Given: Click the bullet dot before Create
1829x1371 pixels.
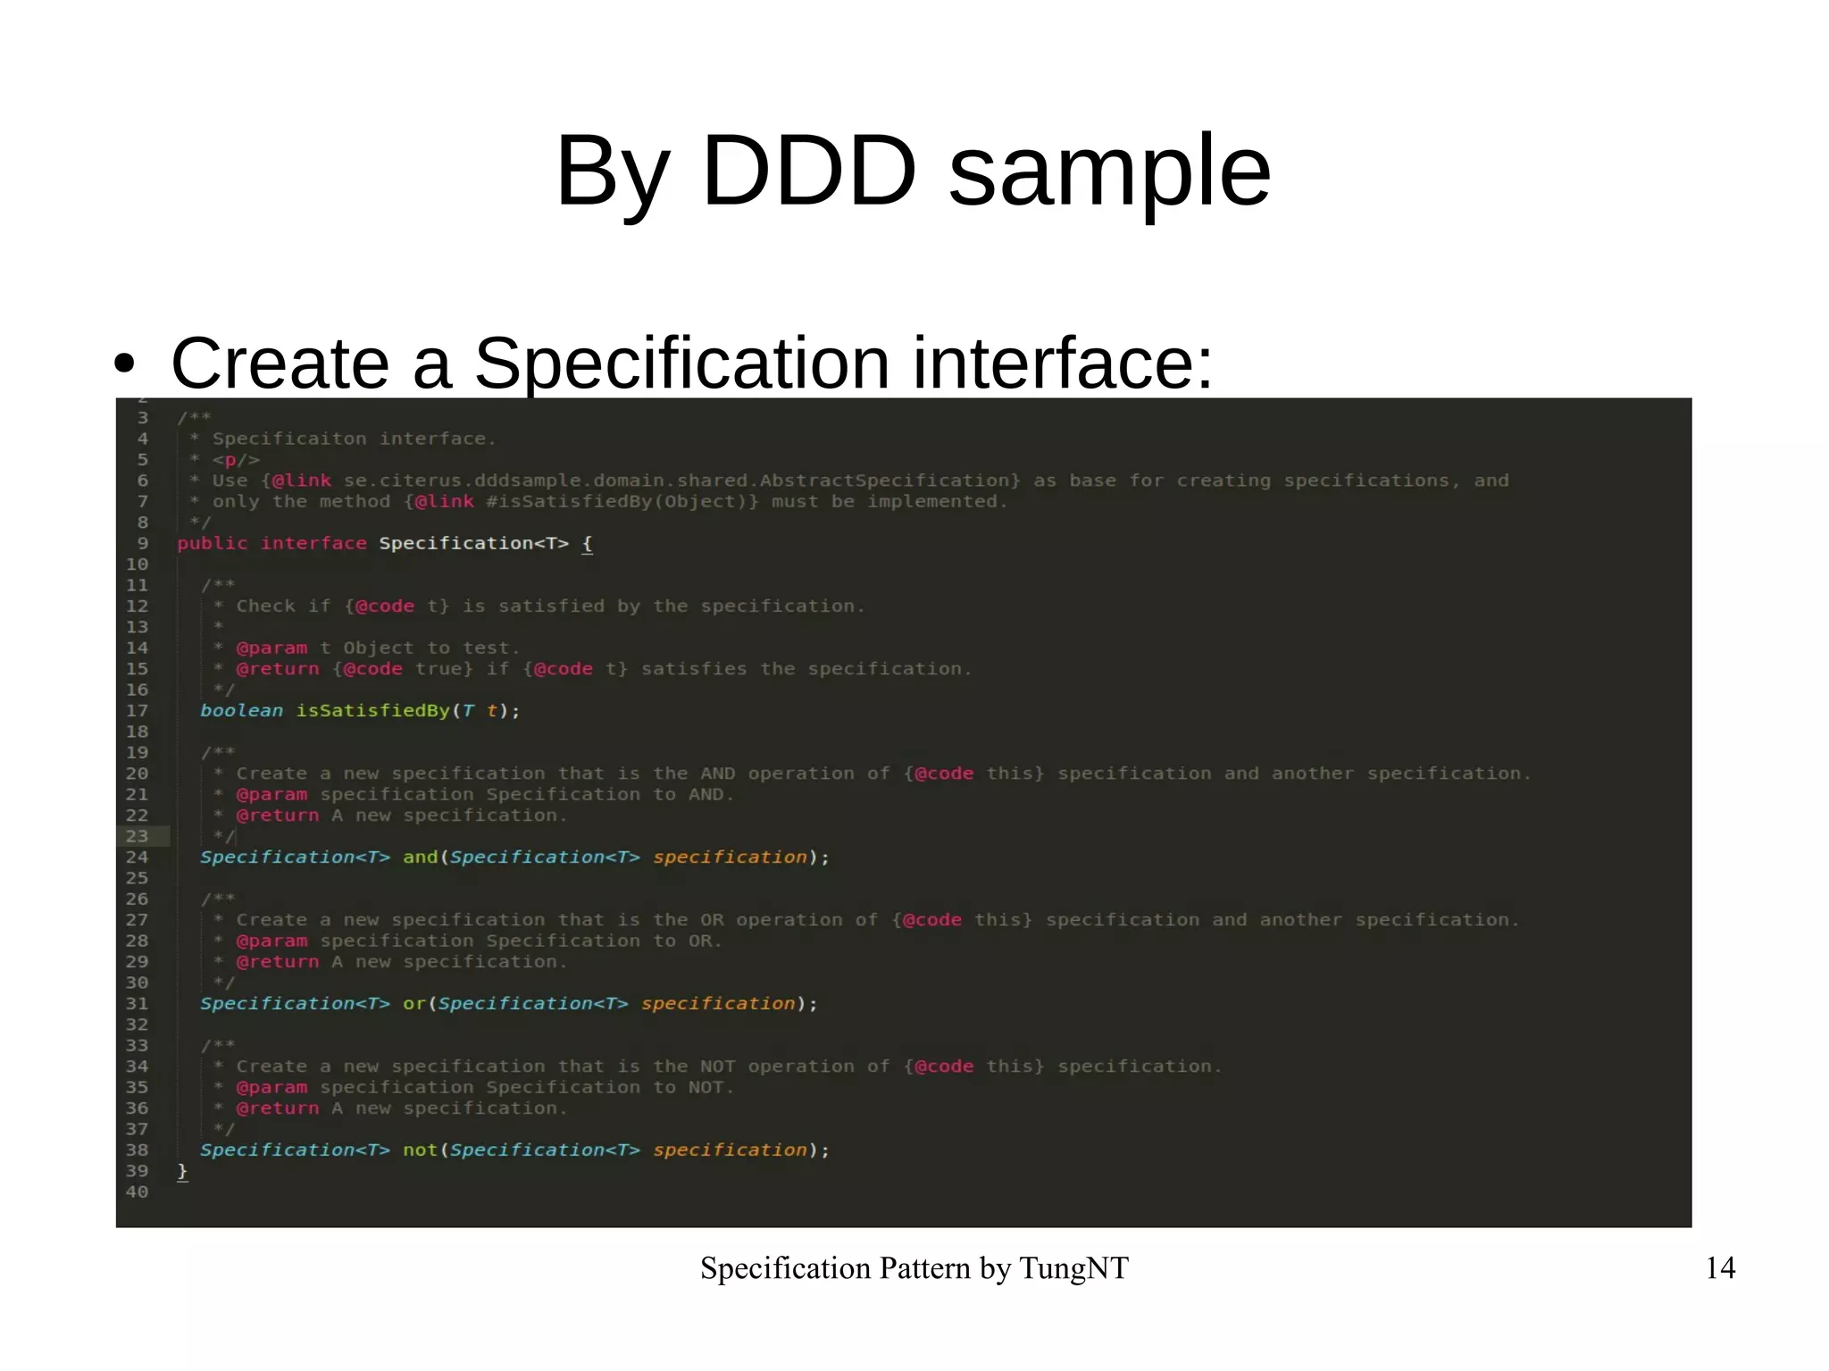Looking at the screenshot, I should pyautogui.click(x=125, y=364).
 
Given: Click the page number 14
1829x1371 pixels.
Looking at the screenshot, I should pyautogui.click(x=1719, y=1267).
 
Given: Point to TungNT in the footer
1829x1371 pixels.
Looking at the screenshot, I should pyautogui.click(x=1073, y=1267).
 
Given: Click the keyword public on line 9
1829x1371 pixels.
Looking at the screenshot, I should pyautogui.click(x=212, y=543).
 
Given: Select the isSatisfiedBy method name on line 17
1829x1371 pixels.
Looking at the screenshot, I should pyautogui.click(x=372, y=711).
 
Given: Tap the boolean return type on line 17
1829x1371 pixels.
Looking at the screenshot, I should pyautogui.click(x=241, y=711).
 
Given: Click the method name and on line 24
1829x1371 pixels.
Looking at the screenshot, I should pyautogui.click(x=420, y=857).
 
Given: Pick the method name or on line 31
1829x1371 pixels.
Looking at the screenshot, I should pyautogui.click(x=413, y=1004).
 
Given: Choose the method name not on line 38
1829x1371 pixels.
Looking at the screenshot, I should pyautogui.click(x=420, y=1150).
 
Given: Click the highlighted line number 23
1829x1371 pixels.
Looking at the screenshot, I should pyautogui.click(x=137, y=836).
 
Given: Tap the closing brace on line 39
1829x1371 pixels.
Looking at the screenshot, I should pyautogui.click(x=182, y=1171).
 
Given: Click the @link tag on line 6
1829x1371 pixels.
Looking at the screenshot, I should pyautogui.click(x=301, y=481).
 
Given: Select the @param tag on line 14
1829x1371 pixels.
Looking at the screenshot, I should pyautogui.click(x=271, y=648).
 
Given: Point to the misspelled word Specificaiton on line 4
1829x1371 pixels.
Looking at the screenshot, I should pyautogui.click(x=289, y=439).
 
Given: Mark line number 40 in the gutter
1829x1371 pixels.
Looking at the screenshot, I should pyautogui.click(x=137, y=1191).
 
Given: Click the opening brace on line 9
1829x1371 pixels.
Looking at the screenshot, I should pyautogui.click(x=587, y=543).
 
